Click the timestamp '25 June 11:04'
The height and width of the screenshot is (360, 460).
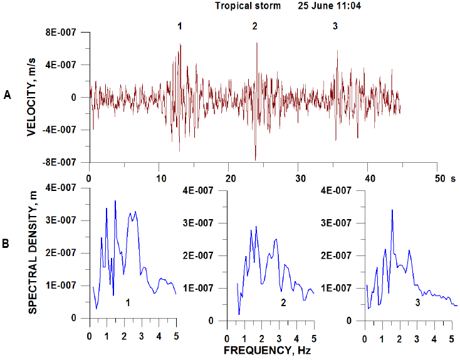330,6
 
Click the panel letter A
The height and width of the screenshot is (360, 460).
7,95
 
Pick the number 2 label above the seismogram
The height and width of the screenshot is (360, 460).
254,26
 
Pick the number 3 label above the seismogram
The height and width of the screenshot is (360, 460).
335,26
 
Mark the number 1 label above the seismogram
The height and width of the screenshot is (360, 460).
180,26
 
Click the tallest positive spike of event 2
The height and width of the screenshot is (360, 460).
256,43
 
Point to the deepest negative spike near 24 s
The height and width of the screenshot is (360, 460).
255,159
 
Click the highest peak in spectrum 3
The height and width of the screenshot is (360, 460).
392,210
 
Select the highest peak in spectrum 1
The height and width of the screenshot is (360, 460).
115,201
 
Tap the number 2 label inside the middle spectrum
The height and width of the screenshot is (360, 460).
283,304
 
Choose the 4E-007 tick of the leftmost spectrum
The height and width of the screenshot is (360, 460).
68,188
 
